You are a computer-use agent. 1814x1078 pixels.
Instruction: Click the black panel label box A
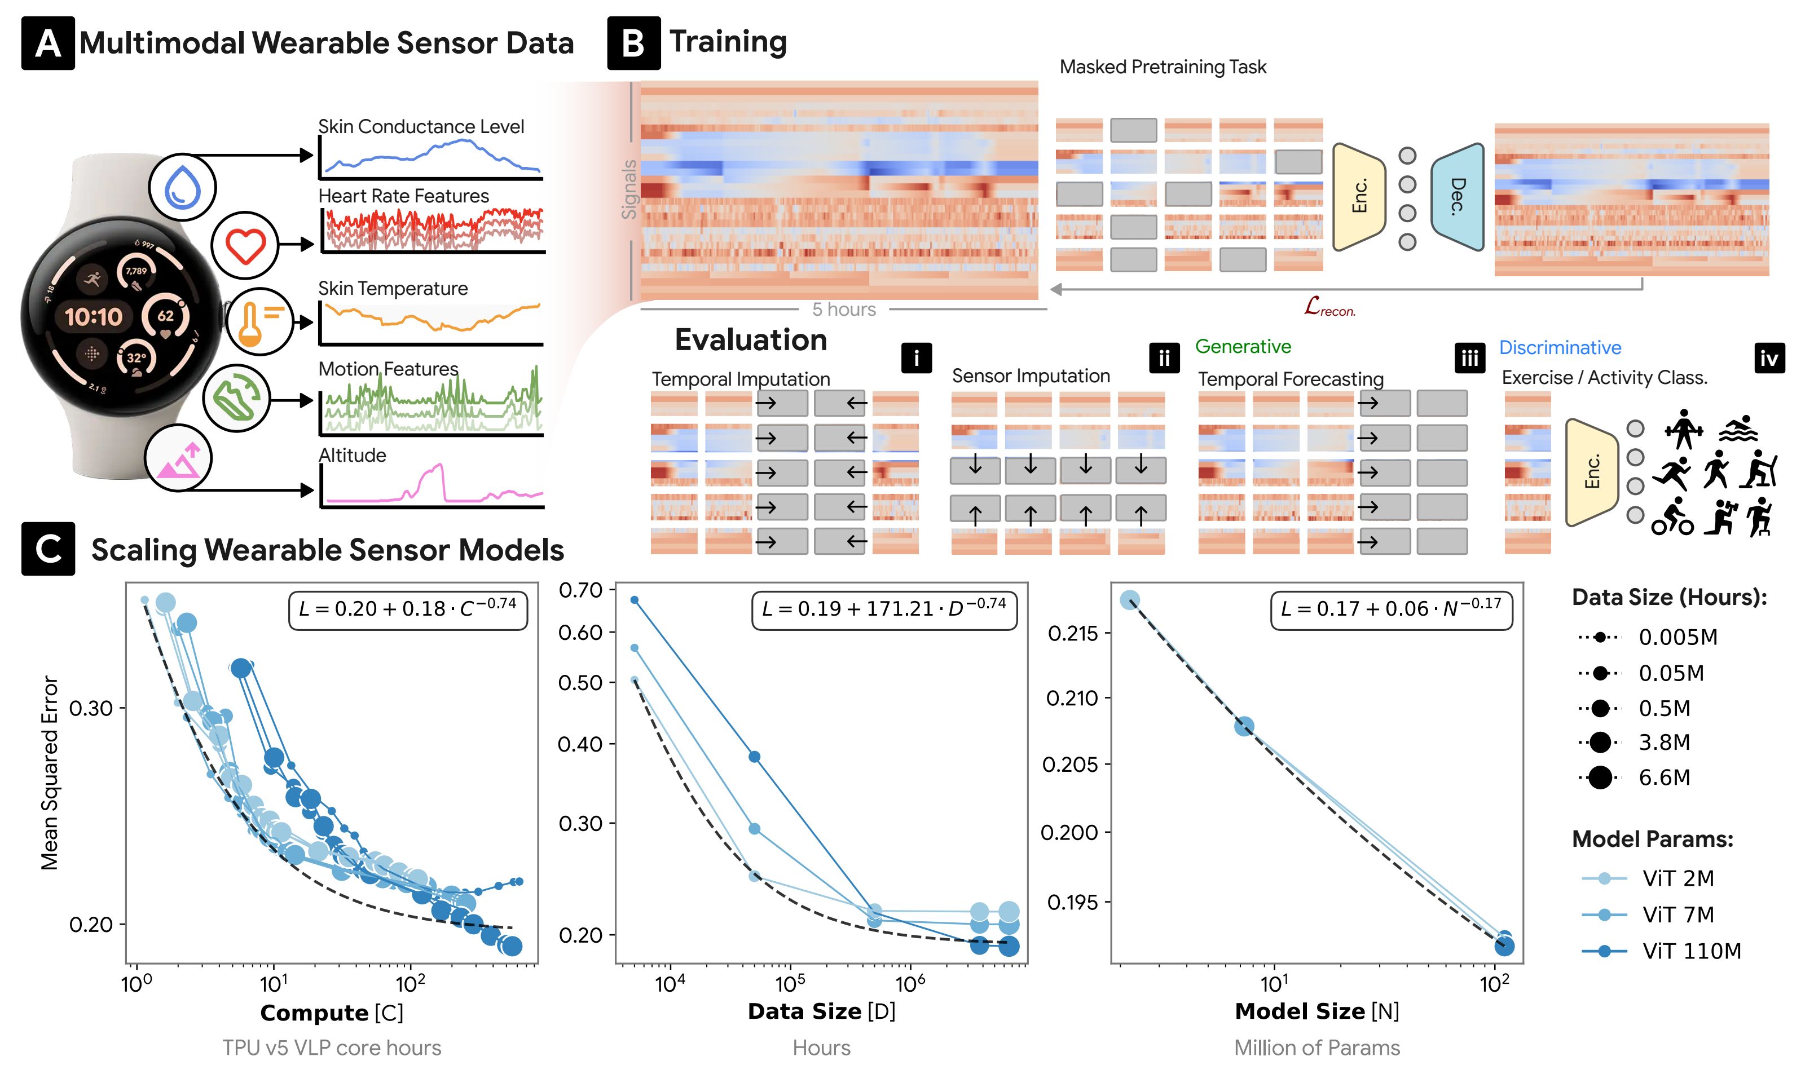pyautogui.click(x=48, y=43)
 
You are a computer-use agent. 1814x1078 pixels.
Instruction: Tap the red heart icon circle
pyautogui.click(x=245, y=245)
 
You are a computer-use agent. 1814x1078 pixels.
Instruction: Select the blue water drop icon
pyautogui.click(x=182, y=187)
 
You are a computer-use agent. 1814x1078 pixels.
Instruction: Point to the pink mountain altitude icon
pyautogui.click(x=178, y=459)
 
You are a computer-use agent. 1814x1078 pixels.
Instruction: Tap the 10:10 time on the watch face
pyautogui.click(x=94, y=317)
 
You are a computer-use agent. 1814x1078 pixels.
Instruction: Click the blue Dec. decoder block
pyautogui.click(x=1456, y=197)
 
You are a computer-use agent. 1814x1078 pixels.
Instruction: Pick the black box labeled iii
pyautogui.click(x=1469, y=358)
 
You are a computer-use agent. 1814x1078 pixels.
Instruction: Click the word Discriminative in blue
pyautogui.click(x=1560, y=348)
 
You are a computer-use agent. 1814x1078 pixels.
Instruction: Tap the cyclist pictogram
pyautogui.click(x=1671, y=517)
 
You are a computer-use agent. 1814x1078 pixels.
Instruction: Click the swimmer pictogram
pyautogui.click(x=1738, y=429)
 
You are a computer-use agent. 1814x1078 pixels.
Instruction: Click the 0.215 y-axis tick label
pyautogui.click(x=1073, y=633)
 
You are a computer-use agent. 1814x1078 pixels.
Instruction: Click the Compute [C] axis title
pyautogui.click(x=332, y=1013)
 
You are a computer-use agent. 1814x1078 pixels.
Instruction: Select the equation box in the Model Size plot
pyautogui.click(x=1391, y=609)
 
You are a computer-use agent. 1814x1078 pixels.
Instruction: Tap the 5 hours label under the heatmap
pyautogui.click(x=843, y=310)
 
